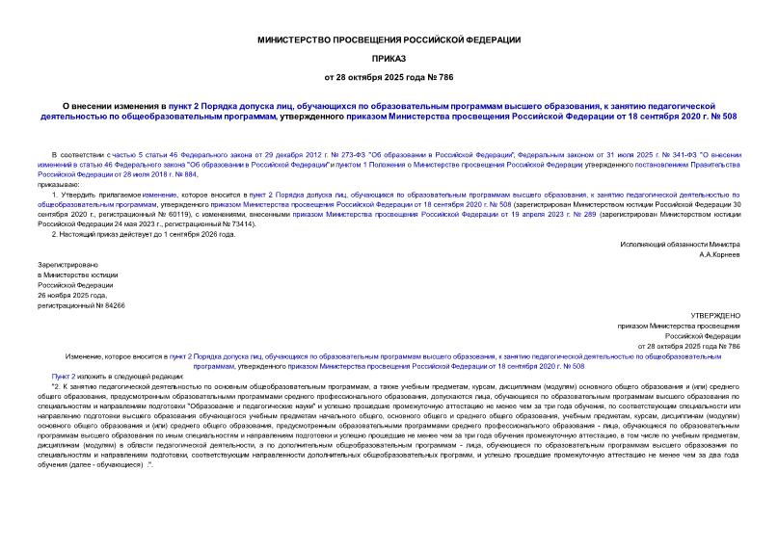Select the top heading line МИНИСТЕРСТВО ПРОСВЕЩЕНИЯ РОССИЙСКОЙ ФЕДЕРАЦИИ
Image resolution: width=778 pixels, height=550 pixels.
[389, 39]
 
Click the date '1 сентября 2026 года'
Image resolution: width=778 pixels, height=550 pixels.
[199, 234]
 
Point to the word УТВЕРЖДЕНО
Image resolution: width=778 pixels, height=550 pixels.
[716, 316]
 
